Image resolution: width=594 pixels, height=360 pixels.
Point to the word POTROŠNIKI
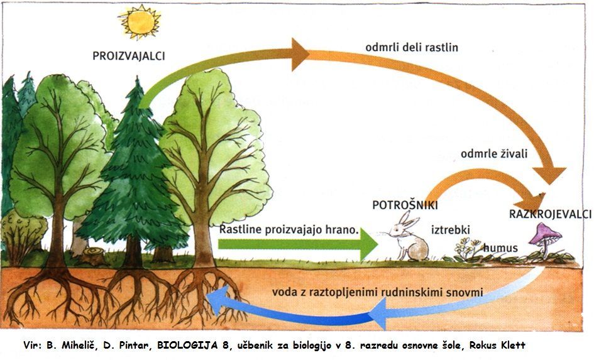pyautogui.click(x=405, y=205)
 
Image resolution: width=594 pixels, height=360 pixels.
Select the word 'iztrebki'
pyautogui.click(x=450, y=230)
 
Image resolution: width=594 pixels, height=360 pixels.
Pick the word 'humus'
pyautogui.click(x=500, y=248)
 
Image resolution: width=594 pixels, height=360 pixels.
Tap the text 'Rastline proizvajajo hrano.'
pyautogui.click(x=289, y=230)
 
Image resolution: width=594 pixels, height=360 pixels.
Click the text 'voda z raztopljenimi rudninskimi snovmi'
pyautogui.click(x=377, y=292)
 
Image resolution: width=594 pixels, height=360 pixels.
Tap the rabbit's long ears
pyautogui.click(x=408, y=220)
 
